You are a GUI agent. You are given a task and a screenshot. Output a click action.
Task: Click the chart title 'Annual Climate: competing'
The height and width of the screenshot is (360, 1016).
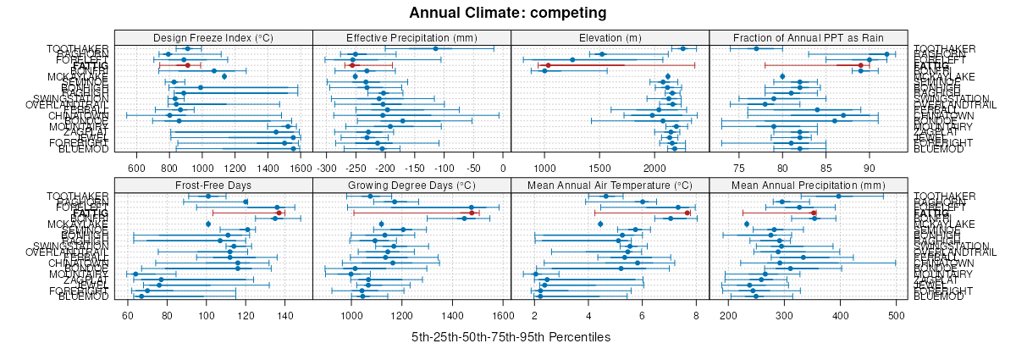point(508,13)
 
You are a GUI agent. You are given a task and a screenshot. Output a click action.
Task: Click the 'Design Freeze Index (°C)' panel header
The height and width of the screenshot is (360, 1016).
point(213,37)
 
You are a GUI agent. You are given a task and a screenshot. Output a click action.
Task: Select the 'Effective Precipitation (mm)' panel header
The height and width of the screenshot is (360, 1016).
point(411,37)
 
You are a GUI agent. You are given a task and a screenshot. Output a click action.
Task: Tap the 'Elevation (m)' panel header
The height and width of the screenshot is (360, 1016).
point(610,37)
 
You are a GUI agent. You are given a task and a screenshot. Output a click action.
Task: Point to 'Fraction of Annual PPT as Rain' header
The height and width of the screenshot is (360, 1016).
point(808,37)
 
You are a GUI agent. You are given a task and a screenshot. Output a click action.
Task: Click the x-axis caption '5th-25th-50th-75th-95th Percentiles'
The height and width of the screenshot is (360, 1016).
point(511,337)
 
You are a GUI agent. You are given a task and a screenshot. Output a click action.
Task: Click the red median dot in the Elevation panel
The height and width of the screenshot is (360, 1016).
point(548,65)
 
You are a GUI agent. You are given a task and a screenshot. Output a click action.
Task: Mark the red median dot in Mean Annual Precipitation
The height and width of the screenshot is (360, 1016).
point(814,213)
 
